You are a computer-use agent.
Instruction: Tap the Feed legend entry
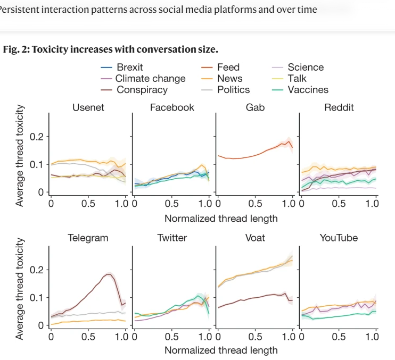[228, 67]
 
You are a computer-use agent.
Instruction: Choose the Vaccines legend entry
[308, 90]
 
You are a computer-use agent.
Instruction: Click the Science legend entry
[305, 67]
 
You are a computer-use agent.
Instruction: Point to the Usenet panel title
[88, 107]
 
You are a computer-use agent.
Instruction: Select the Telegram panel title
[88, 238]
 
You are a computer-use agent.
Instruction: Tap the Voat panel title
[255, 238]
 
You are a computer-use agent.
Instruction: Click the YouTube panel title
[339, 238]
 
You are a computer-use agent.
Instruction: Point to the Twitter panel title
[172, 238]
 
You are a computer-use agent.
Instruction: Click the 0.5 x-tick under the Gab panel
[255, 203]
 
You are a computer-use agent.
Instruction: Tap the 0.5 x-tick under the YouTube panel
[339, 336]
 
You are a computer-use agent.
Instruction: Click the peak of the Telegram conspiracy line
[109, 274]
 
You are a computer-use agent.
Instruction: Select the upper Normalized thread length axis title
[221, 218]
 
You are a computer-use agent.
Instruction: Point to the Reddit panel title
[339, 107]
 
